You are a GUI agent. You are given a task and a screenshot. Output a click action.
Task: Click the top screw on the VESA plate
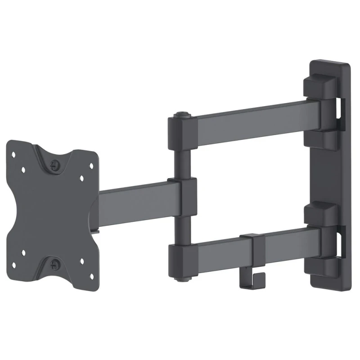[x=55, y=165]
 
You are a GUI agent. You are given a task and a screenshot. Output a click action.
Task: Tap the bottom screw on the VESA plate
[x=55, y=263]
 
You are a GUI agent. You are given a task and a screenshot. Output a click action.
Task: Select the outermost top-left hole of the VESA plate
[x=14, y=154]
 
